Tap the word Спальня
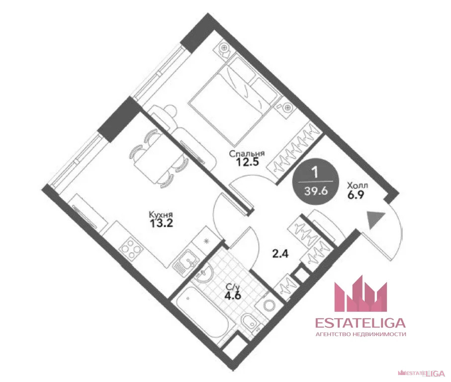247,153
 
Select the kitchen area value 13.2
162,223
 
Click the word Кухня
161,214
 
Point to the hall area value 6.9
356,195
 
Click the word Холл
358,185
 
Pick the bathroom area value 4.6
232,295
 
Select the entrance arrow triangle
374,219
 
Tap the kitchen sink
186,262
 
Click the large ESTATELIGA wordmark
361,323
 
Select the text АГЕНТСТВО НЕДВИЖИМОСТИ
361,334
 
